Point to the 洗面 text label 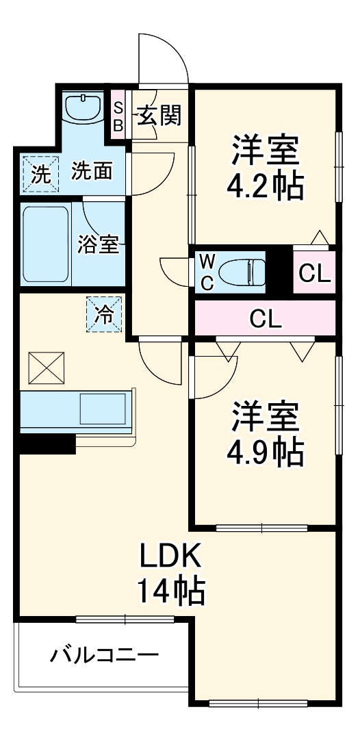[92, 171]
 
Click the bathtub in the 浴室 [46, 244]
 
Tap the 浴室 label [98, 244]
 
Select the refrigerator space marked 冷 [105, 316]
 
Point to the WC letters [207, 272]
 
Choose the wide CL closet [266, 318]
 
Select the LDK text [170, 557]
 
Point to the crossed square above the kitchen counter [45, 370]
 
